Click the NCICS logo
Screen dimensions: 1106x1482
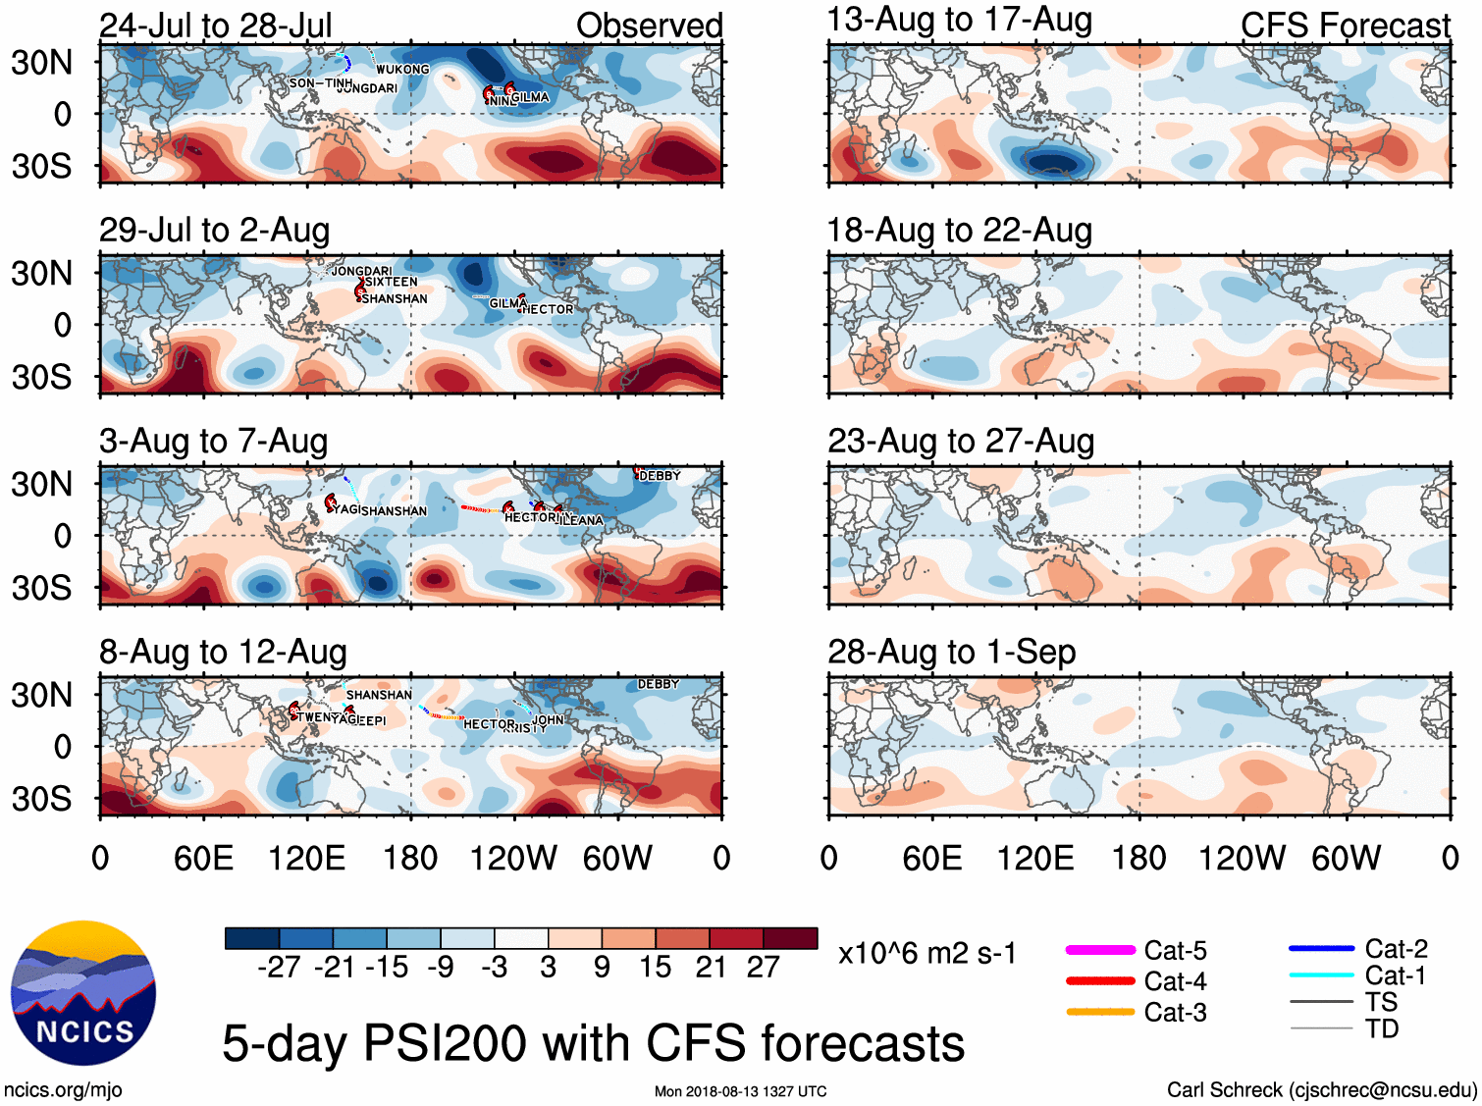pos(83,992)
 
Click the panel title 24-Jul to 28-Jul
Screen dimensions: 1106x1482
pos(216,26)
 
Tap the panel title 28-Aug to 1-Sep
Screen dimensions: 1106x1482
pos(951,652)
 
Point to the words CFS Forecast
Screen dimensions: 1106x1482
pos(1345,26)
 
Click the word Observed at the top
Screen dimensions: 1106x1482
pos(649,26)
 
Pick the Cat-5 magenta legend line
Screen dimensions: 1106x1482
pos(1100,950)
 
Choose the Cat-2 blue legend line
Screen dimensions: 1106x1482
pos(1321,949)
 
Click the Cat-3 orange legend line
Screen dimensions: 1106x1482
pos(1100,1012)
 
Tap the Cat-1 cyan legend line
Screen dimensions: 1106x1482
pos(1321,975)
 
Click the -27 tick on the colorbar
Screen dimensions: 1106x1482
pos(279,968)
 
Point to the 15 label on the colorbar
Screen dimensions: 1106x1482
pos(656,968)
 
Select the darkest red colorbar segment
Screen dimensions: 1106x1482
pos(790,938)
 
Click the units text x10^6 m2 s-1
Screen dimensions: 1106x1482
pos(926,954)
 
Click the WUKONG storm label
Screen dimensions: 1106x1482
pos(402,70)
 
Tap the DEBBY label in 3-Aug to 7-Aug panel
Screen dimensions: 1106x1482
pos(660,476)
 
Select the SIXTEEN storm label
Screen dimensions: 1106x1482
pos(391,282)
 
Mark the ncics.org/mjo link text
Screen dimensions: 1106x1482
pos(63,1089)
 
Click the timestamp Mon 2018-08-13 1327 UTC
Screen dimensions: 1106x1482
pos(740,1091)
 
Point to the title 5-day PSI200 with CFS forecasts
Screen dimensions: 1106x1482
pos(593,1043)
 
